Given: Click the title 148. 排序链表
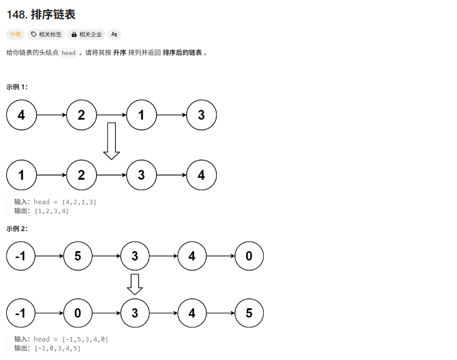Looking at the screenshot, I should (x=41, y=15).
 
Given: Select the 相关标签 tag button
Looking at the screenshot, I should (x=46, y=34).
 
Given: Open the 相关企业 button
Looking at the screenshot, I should (x=86, y=34).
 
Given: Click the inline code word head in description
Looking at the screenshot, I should (x=68, y=53).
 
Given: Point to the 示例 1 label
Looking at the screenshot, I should (x=17, y=87).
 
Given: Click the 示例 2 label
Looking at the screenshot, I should (x=17, y=229).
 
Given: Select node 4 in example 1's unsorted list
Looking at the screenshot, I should (x=21, y=115).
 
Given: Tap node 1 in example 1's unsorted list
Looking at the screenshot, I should (x=141, y=115).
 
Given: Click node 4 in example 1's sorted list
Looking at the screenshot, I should (x=201, y=175).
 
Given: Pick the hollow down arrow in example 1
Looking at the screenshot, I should (x=111, y=141).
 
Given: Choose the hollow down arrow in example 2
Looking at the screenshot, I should (x=135, y=284).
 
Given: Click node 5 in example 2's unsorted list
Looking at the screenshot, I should (x=78, y=256).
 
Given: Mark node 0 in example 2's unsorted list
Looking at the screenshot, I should (x=249, y=256).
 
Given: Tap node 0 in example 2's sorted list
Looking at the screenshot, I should (x=78, y=313).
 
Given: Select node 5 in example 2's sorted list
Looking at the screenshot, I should (x=249, y=313).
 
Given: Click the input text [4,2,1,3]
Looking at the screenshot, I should (x=79, y=202).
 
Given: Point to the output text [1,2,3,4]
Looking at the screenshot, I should (x=51, y=211).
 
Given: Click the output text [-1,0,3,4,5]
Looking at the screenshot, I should (x=56, y=348).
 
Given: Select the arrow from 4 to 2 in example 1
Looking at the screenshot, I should (x=51, y=115).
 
